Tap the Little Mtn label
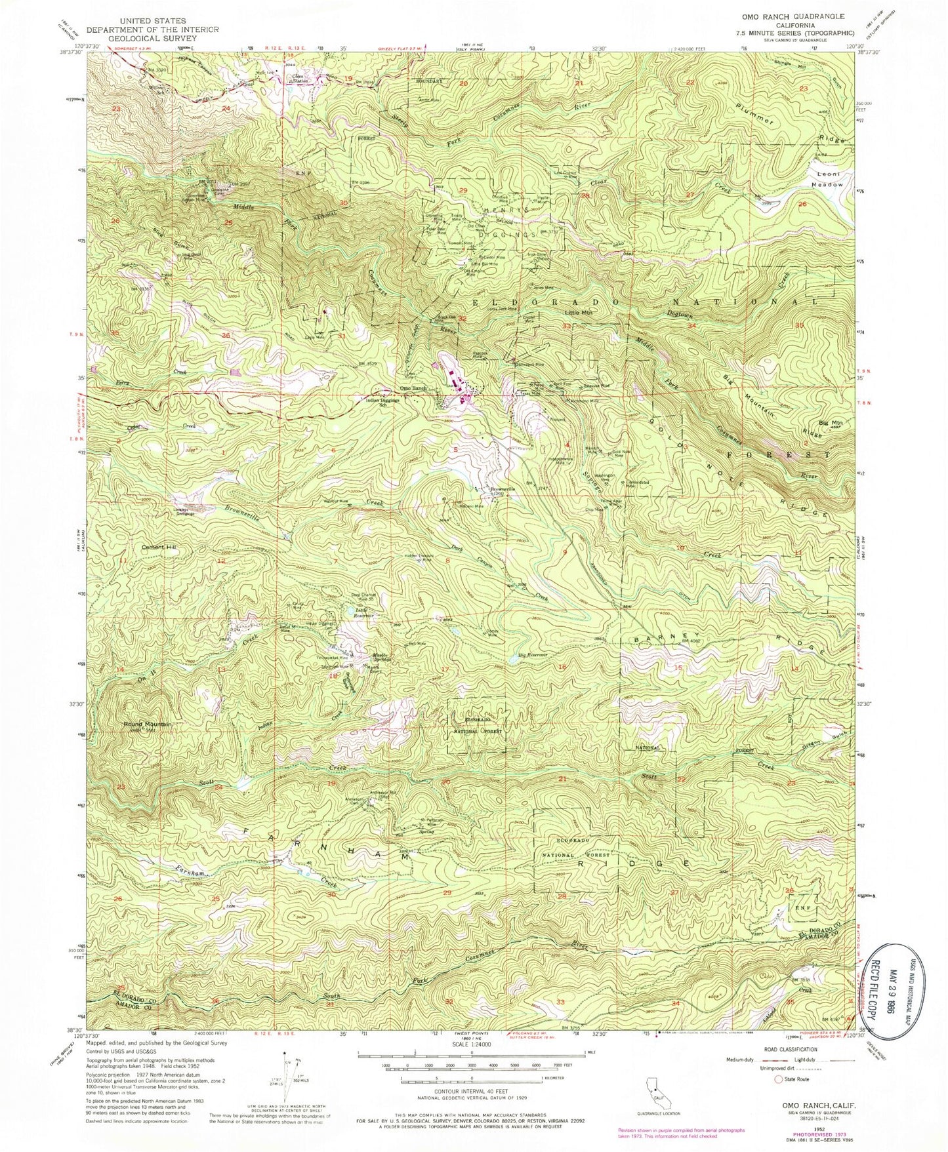point(578,313)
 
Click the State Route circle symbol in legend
point(779,1079)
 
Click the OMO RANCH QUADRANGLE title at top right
point(793,16)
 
